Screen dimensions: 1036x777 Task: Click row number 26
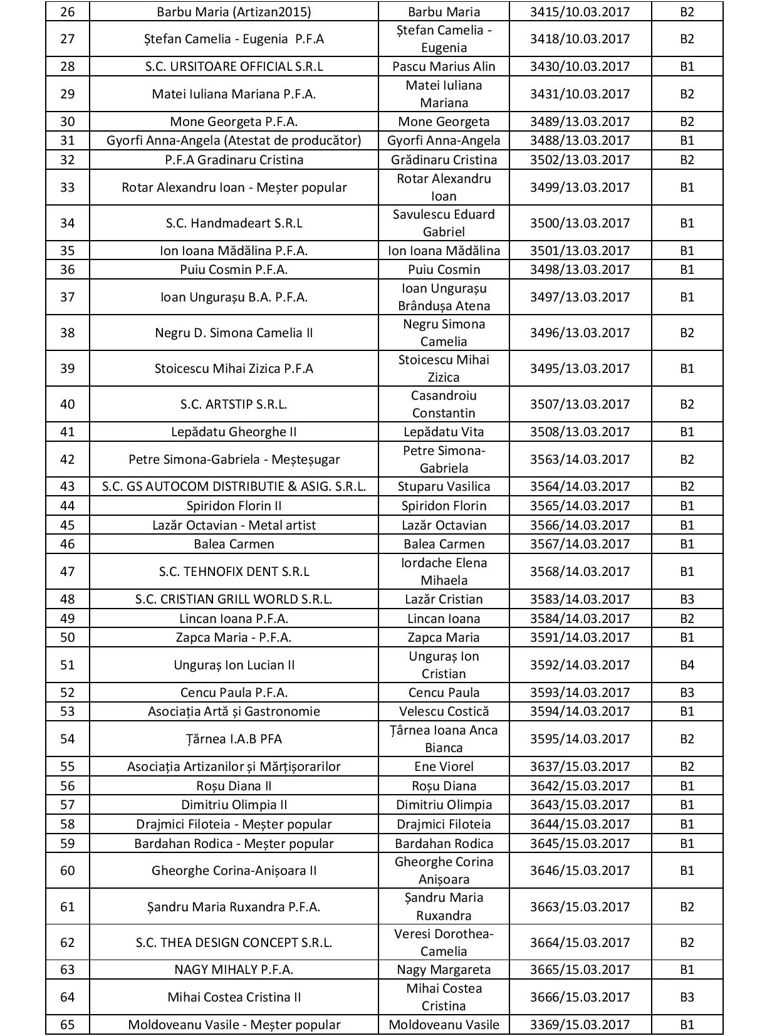[67, 12]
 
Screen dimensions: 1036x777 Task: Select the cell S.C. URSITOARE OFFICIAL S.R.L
[234, 66]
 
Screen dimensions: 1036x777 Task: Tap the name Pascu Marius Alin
[444, 66]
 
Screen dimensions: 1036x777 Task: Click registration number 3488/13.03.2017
[580, 140]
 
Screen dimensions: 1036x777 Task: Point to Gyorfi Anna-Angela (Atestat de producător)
[234, 140]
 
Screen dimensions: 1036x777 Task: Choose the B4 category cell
[687, 664]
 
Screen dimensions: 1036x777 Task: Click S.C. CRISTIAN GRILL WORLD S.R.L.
[234, 599]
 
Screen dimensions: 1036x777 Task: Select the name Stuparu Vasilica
[444, 486]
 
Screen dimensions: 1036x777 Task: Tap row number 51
[67, 664]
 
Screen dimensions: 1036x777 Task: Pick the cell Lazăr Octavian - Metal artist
[234, 525]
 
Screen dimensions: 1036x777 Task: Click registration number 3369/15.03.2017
[580, 1025]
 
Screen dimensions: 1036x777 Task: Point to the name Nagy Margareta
[444, 970]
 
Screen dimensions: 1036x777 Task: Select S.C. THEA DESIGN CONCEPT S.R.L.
[234, 943]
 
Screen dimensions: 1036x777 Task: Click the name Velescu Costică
[444, 711]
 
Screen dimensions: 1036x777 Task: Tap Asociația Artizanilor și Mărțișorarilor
[234, 767]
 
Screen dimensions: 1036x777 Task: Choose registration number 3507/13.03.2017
[580, 404]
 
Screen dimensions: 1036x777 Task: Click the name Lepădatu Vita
[444, 432]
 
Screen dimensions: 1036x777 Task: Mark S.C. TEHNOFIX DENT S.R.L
[234, 572]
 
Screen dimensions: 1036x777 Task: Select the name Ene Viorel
[444, 767]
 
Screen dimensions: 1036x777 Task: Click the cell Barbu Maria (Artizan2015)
[234, 12]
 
